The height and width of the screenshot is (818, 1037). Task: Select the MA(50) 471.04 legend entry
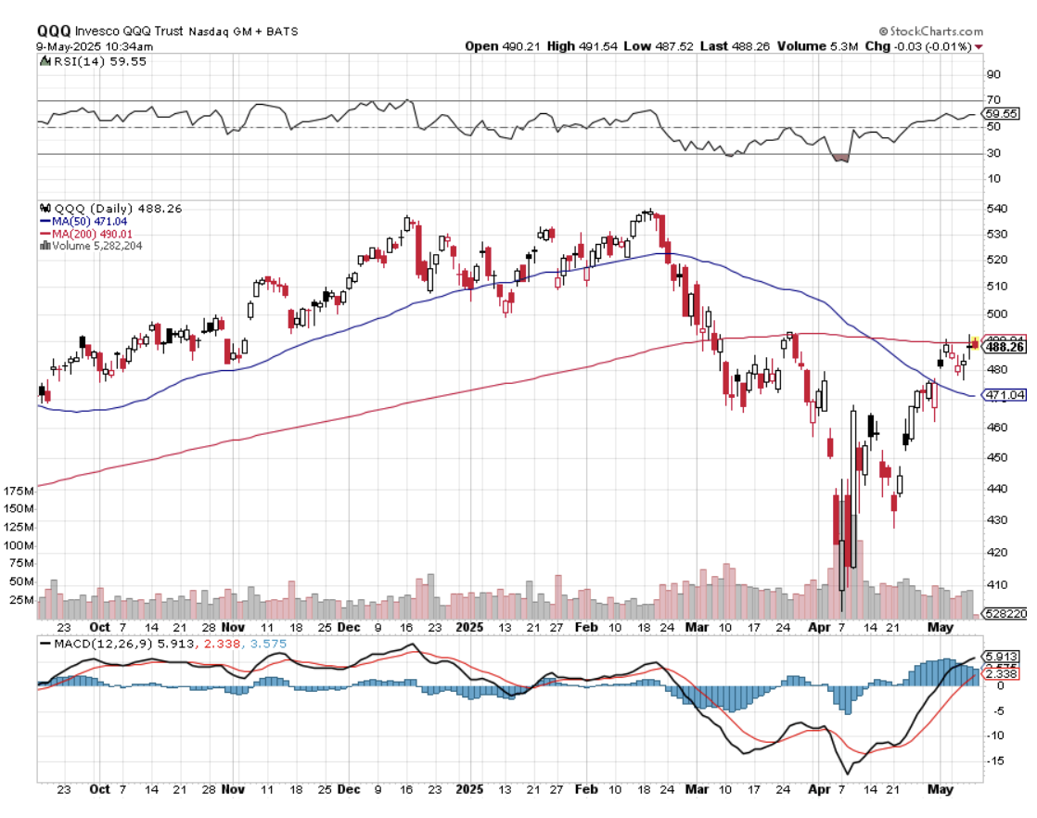(x=83, y=222)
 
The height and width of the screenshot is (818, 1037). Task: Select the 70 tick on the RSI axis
(x=993, y=100)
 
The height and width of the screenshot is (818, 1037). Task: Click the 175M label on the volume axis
(x=19, y=490)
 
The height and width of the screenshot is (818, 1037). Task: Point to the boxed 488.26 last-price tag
(x=1004, y=348)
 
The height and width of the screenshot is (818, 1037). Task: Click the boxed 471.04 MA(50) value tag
(x=1004, y=395)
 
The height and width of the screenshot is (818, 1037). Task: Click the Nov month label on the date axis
(x=234, y=789)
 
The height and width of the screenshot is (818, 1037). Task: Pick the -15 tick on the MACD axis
(x=995, y=760)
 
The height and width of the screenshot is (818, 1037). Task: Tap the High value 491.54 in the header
(x=580, y=45)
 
